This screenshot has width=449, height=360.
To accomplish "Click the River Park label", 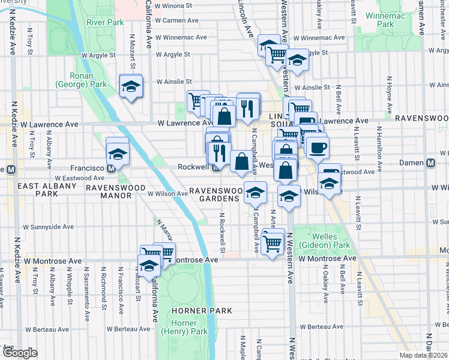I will pos(104,22).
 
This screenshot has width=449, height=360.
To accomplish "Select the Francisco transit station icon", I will pos(112,169).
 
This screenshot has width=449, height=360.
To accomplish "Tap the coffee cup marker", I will pos(317,146).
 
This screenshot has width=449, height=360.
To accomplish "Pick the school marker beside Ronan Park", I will pos(130,88).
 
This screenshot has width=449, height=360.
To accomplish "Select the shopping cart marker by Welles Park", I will pos(273,242).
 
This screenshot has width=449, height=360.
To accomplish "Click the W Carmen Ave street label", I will pos(176,20).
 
